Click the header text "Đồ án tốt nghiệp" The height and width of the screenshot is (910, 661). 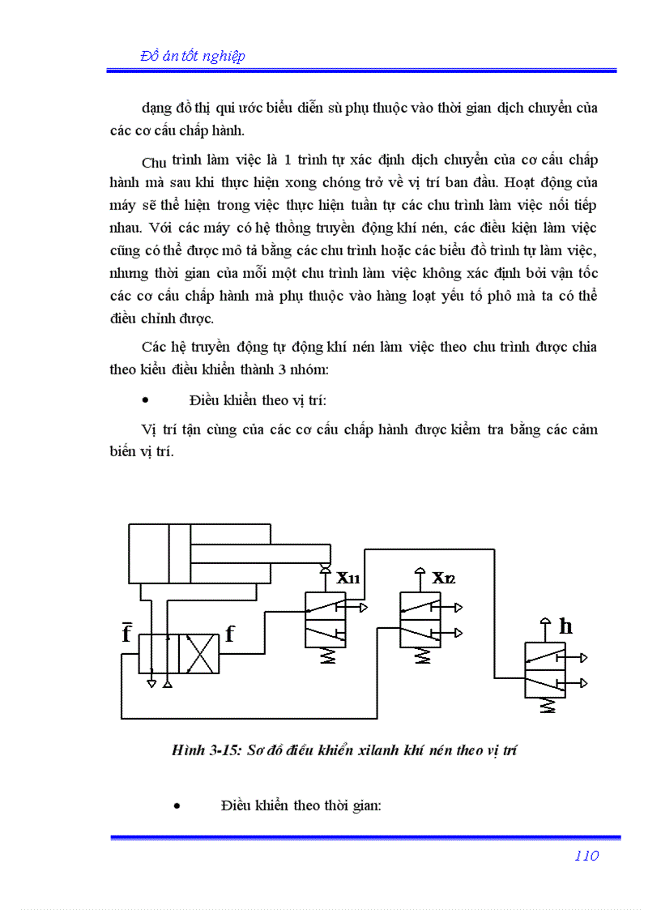(x=193, y=56)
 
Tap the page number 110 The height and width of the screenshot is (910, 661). (x=586, y=856)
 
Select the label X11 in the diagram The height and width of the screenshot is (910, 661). (x=349, y=579)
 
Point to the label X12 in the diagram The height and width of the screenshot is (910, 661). (x=444, y=578)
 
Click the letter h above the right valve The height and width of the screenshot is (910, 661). (x=565, y=626)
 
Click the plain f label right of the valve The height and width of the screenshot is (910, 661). (x=230, y=634)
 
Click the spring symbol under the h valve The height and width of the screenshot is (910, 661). (x=548, y=705)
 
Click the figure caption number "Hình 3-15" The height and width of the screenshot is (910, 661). (x=200, y=750)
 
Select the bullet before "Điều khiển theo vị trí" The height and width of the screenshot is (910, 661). (x=146, y=400)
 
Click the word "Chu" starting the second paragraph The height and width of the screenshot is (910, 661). (x=154, y=163)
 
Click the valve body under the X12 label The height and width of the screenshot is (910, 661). (x=420, y=619)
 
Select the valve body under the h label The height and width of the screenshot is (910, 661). (x=546, y=669)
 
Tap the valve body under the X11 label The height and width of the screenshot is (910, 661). (x=326, y=620)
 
